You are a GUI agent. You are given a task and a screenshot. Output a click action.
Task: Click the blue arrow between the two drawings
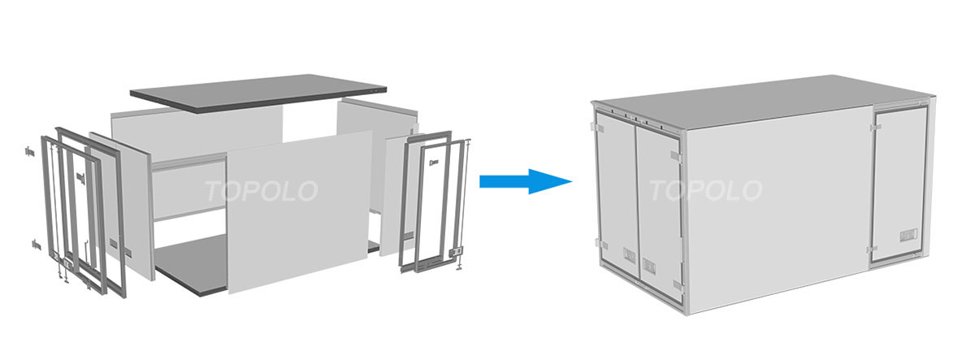click(526, 181)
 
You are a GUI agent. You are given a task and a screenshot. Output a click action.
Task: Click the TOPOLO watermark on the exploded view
click(261, 191)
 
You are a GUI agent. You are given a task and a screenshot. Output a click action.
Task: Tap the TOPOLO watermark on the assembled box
click(705, 190)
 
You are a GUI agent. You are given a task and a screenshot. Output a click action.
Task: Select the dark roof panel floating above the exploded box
click(258, 93)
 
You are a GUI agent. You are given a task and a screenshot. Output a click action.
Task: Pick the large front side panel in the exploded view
click(301, 212)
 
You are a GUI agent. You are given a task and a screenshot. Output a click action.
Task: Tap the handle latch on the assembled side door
click(908, 236)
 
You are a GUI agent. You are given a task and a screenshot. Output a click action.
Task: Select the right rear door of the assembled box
click(659, 213)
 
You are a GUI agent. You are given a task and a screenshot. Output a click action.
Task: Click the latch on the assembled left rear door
click(630, 255)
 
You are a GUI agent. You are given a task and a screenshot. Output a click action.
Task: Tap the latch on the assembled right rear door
click(649, 265)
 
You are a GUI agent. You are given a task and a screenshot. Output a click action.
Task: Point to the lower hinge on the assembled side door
click(873, 249)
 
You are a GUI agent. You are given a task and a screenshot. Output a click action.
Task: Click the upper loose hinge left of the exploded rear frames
click(29, 152)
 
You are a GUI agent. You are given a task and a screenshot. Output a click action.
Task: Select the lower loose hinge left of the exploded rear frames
click(36, 245)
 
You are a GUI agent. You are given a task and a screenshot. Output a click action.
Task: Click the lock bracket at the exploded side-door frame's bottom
click(456, 252)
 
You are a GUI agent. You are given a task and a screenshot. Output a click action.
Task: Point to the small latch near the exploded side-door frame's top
click(433, 163)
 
